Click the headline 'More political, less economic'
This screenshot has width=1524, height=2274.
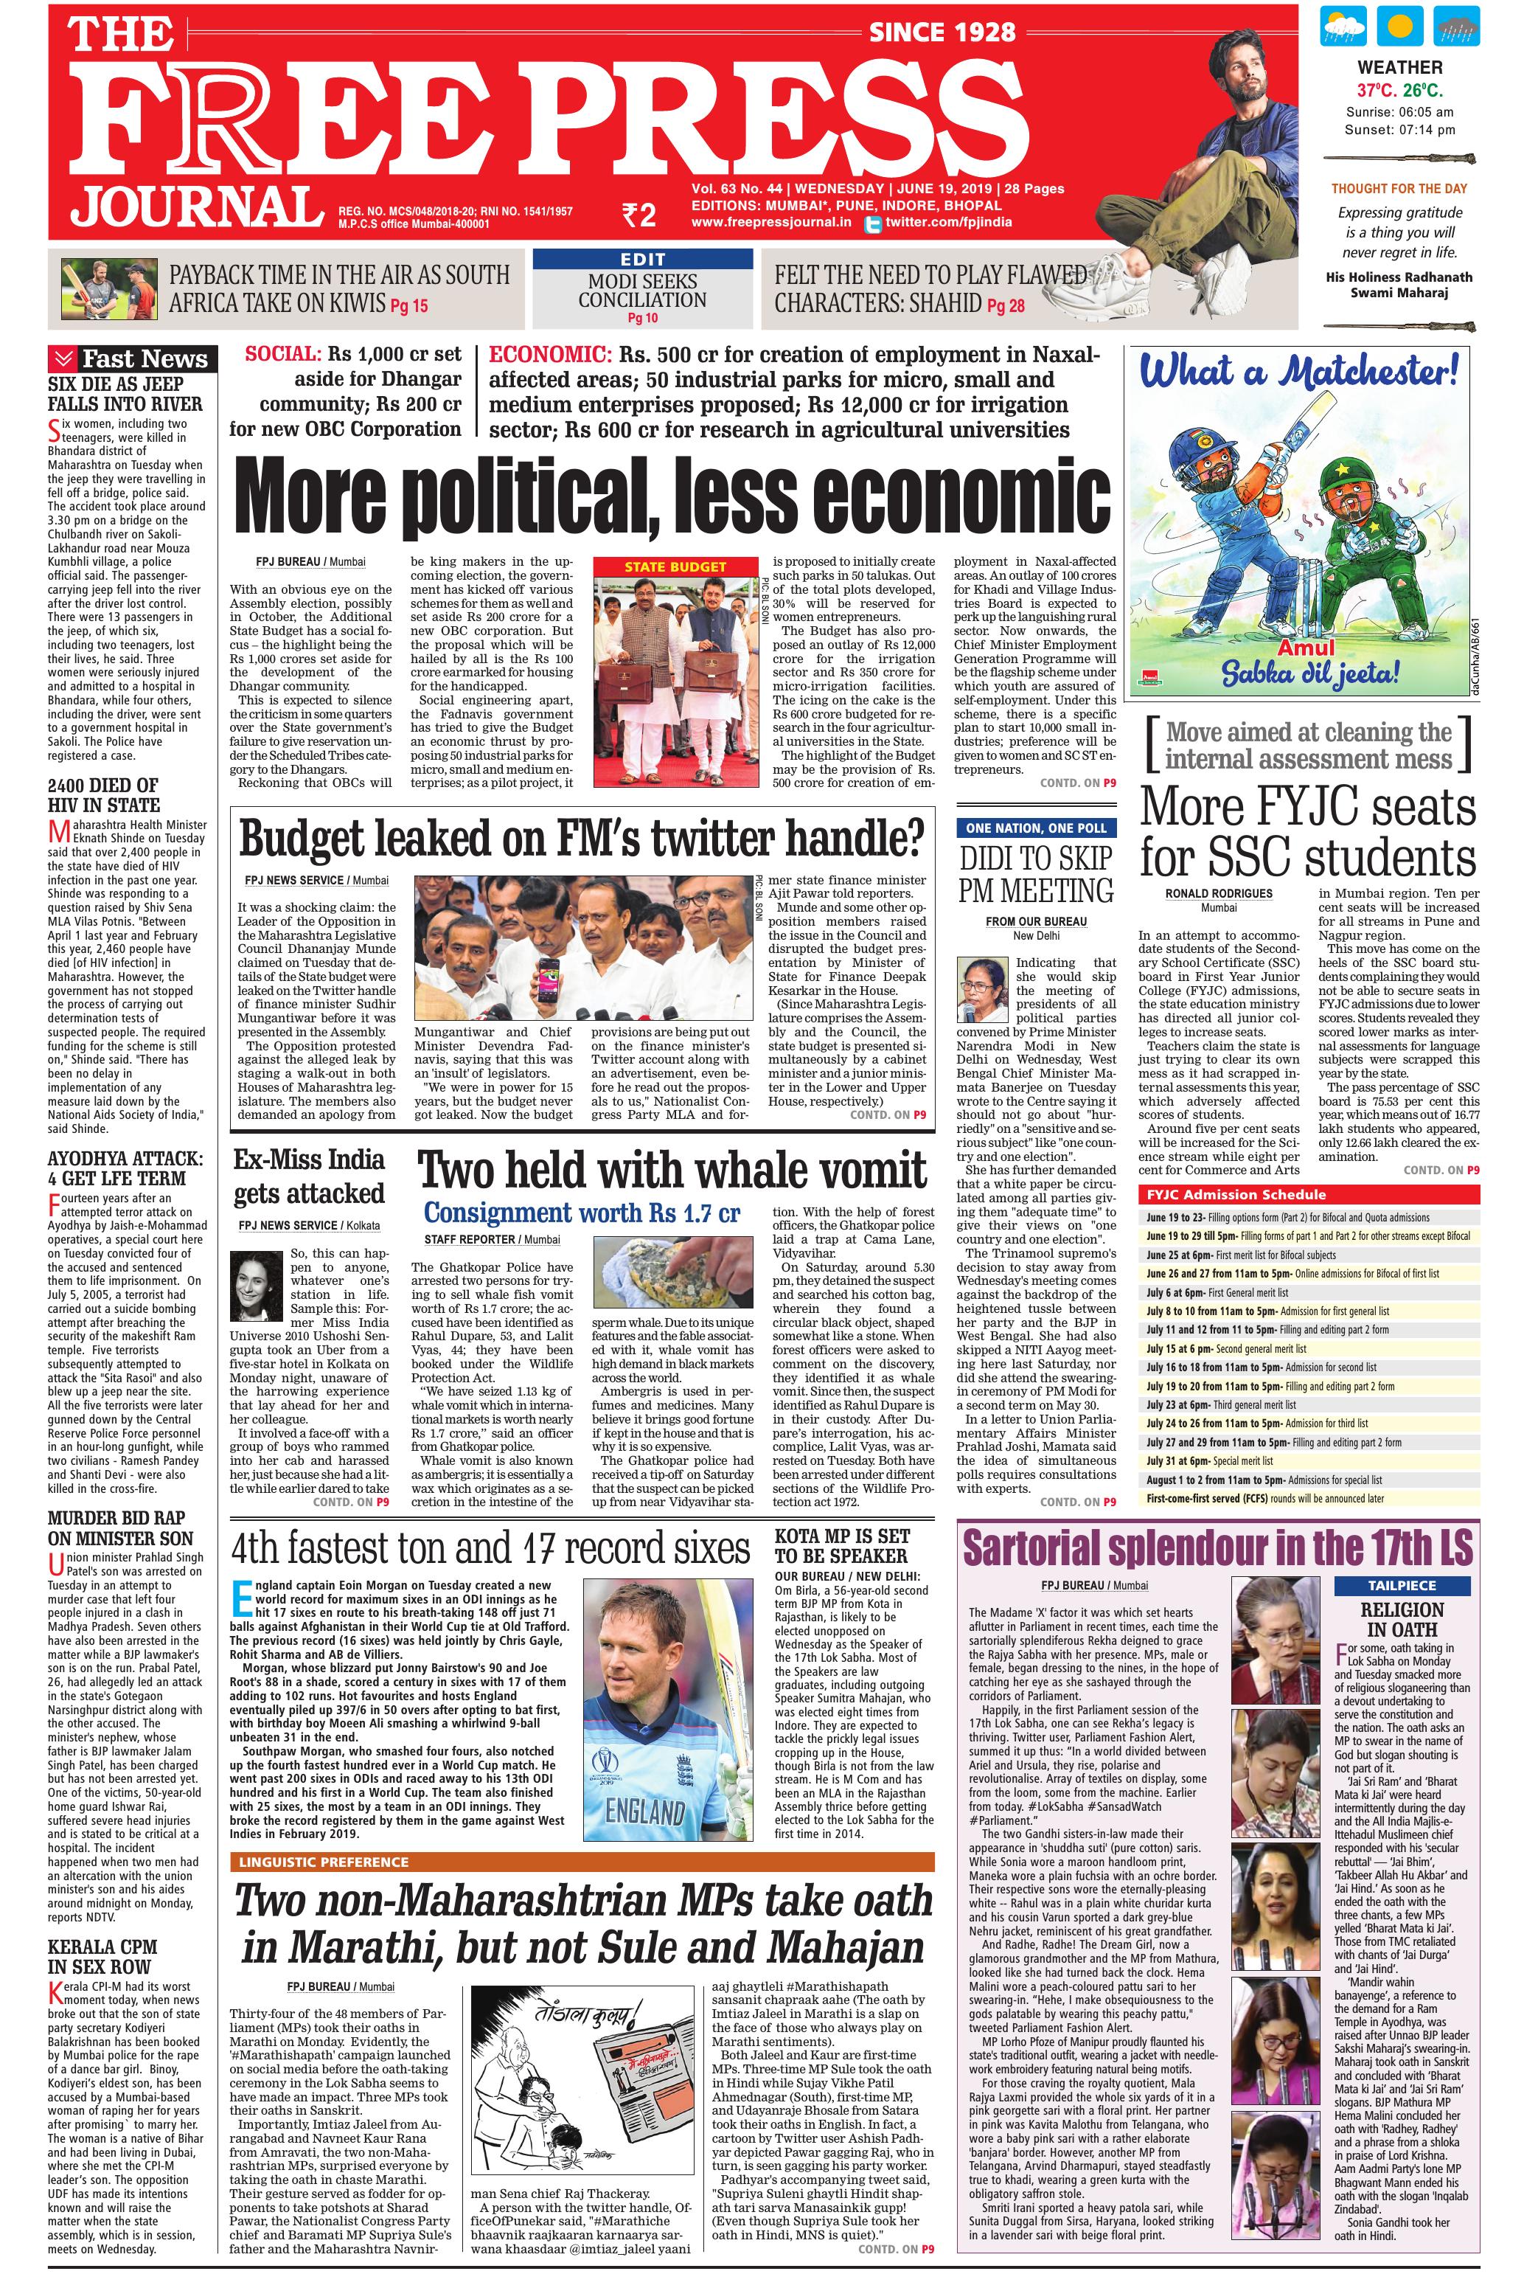[x=672, y=499]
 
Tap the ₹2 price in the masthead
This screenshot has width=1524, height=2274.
[x=639, y=215]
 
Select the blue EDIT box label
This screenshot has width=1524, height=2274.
[x=642, y=260]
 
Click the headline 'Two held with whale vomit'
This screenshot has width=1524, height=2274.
[x=672, y=1171]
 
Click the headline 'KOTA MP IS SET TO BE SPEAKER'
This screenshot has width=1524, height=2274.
[x=842, y=1544]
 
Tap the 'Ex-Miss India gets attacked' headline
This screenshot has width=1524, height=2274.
[x=309, y=1176]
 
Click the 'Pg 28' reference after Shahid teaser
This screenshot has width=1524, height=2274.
[x=1005, y=306]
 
